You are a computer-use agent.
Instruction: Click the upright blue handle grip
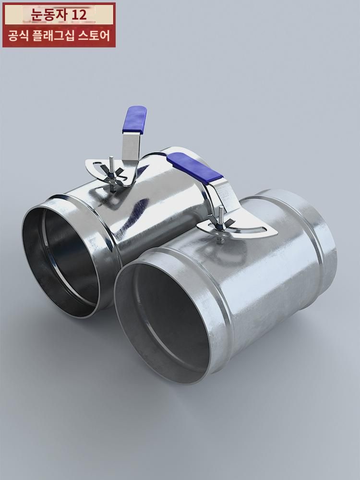(134, 120)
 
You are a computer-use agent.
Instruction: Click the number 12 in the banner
(79, 15)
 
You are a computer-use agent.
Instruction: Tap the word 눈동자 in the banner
(49, 15)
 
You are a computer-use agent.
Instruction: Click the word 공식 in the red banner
(18, 36)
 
